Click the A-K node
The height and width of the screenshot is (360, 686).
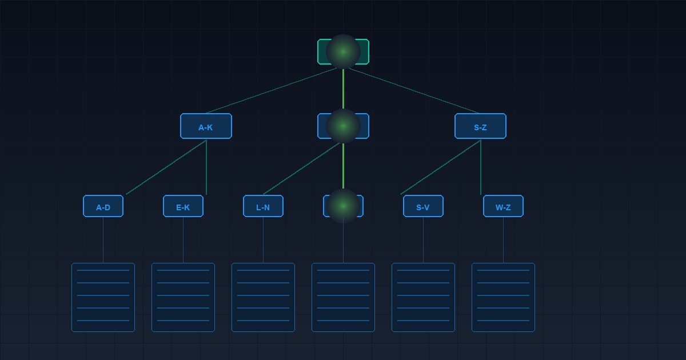(x=206, y=126)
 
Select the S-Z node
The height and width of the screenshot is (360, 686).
(x=481, y=126)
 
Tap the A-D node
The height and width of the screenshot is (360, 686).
(x=103, y=206)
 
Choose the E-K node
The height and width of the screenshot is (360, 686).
(x=183, y=206)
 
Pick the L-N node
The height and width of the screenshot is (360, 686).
(x=263, y=206)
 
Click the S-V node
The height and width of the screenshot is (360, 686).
(x=423, y=206)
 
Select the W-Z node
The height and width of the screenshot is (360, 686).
(x=503, y=206)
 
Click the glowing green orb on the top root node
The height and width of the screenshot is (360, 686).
(x=344, y=52)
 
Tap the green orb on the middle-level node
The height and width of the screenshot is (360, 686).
(x=344, y=126)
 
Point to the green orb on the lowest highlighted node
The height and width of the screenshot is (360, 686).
(x=344, y=206)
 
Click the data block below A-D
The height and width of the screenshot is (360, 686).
(x=103, y=297)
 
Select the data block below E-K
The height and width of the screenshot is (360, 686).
(x=183, y=297)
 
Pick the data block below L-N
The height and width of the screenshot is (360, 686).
(x=263, y=297)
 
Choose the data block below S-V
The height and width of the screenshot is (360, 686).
(x=423, y=297)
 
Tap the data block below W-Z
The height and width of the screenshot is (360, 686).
(x=503, y=297)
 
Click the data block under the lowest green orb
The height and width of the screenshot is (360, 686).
(x=344, y=297)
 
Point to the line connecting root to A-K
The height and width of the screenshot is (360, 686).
(x=272, y=91)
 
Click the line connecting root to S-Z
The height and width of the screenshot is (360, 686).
(x=414, y=91)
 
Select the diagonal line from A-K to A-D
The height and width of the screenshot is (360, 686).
(x=166, y=167)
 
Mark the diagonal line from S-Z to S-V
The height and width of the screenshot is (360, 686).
(x=440, y=167)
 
